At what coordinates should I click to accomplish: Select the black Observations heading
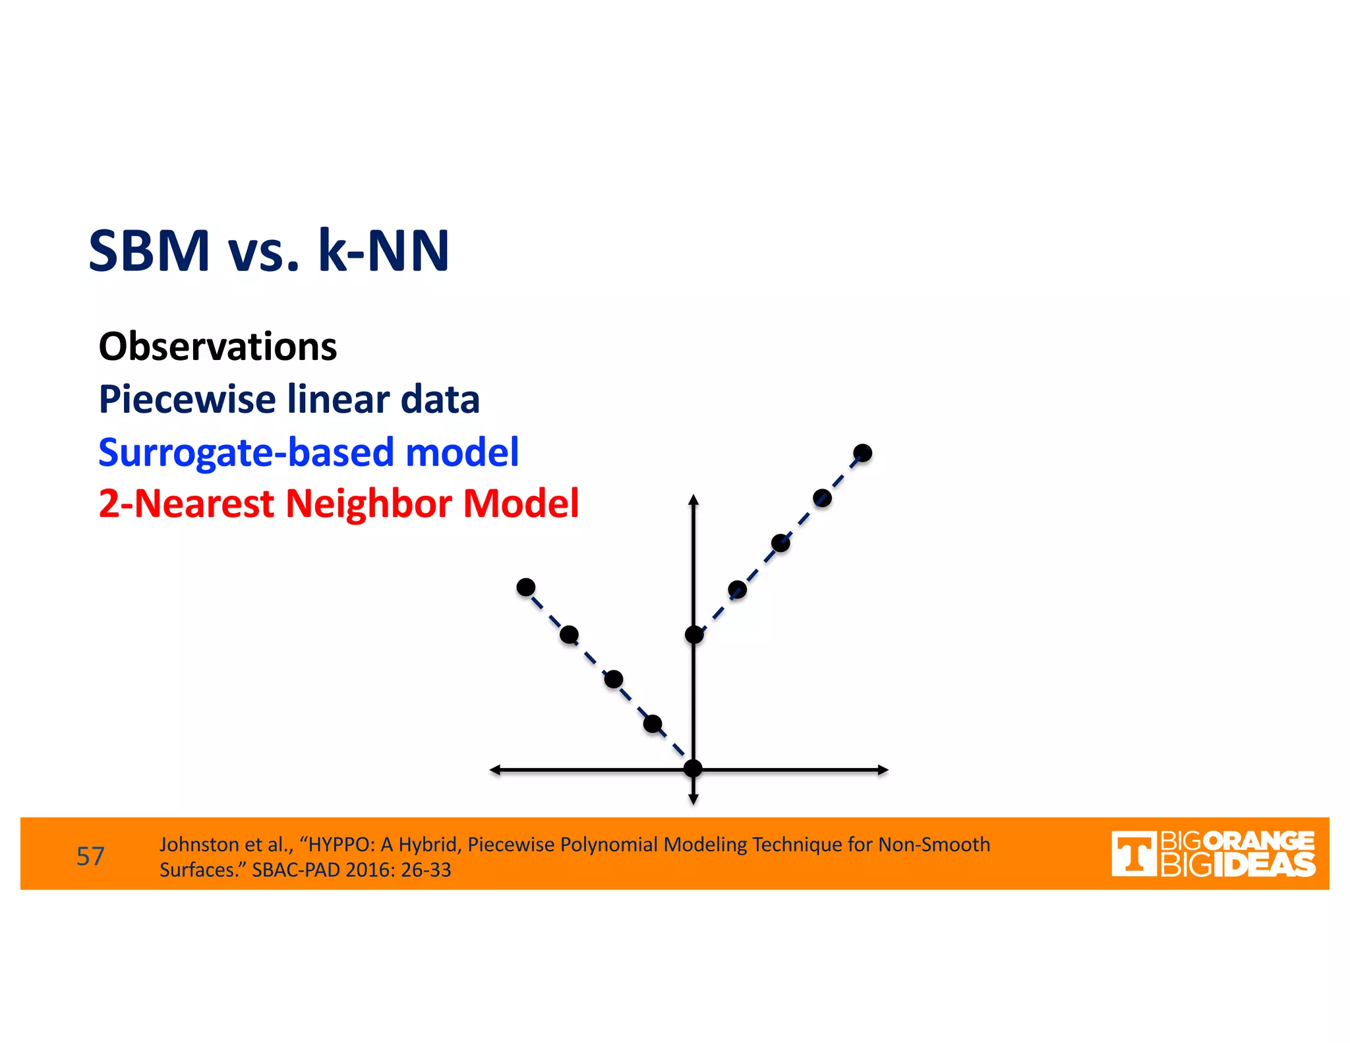tap(218, 347)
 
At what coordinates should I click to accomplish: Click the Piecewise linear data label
tap(289, 400)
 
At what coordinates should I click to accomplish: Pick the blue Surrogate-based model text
tap(308, 452)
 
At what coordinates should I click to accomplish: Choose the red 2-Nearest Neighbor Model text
tap(339, 504)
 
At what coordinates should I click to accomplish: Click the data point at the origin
tap(693, 768)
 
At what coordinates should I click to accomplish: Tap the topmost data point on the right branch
tap(862, 453)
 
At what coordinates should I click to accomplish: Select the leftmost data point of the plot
tap(525, 587)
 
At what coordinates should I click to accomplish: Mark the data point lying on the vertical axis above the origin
tap(693, 634)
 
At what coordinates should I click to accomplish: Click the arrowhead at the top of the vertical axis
tap(693, 500)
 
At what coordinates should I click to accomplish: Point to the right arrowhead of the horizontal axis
tap(883, 769)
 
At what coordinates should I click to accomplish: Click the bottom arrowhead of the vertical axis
tap(693, 800)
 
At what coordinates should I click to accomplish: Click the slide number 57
tap(90, 856)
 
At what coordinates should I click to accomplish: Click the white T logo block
tap(1133, 854)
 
